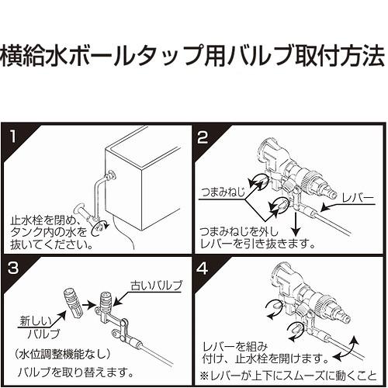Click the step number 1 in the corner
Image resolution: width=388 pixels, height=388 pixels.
pos(13,137)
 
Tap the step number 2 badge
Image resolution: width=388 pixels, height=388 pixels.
pos(203,137)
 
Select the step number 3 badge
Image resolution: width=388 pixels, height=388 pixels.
pos(13,268)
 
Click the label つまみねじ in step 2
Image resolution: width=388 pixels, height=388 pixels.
pos(223,192)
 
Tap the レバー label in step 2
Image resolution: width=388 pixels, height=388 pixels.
pos(358,198)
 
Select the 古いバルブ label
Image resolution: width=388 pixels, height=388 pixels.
pos(157,286)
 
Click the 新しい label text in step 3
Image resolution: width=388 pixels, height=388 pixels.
pos(36,322)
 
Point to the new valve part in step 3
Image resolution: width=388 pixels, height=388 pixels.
pos(73,303)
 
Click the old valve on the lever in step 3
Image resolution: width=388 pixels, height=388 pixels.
pos(106,302)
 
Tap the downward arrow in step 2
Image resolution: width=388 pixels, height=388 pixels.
pos(296,223)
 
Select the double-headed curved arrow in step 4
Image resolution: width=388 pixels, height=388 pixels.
pos(347,348)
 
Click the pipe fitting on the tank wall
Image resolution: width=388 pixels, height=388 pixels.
pos(112,175)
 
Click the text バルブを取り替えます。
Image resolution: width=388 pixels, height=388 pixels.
pos(75,372)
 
